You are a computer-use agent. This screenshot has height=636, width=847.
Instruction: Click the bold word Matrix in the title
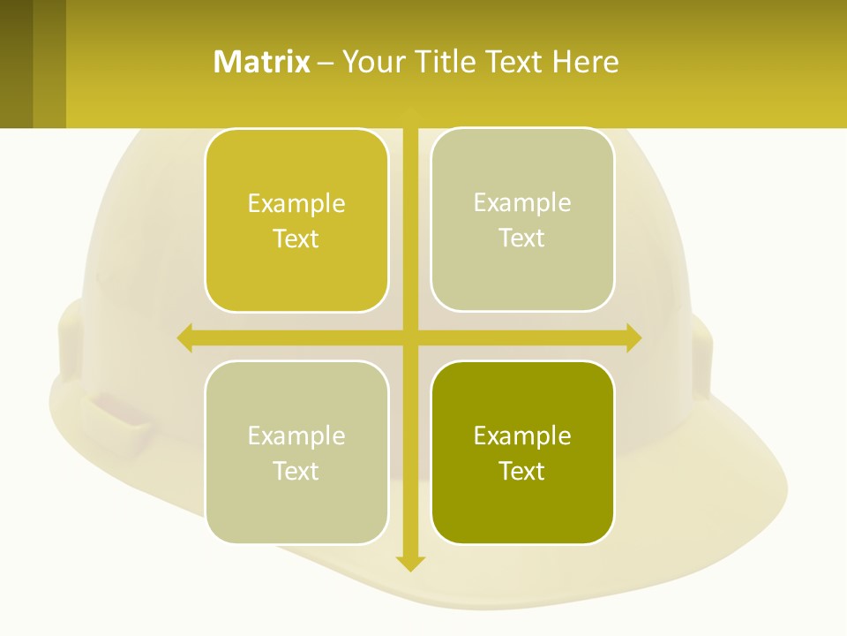click(262, 62)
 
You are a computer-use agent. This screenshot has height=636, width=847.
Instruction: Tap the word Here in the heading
click(586, 62)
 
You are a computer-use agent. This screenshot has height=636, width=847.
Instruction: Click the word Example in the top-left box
click(296, 204)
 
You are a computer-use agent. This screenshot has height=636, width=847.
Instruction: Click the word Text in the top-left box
click(296, 238)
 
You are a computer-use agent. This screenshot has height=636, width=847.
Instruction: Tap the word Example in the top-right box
click(522, 203)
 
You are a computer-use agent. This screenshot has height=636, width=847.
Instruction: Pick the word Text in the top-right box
click(522, 238)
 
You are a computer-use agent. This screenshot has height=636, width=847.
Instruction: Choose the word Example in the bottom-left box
click(296, 436)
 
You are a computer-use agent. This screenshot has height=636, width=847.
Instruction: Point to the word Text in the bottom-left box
click(296, 471)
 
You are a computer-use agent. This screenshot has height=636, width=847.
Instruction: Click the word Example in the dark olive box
click(522, 436)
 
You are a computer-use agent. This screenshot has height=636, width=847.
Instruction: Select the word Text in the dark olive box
click(522, 471)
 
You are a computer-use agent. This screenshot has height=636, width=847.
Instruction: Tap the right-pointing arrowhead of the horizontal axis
click(633, 337)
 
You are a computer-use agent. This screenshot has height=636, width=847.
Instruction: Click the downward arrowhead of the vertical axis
click(410, 563)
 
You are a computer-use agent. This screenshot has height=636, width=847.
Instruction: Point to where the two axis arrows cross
click(410, 337)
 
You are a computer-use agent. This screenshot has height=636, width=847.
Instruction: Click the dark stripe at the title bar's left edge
click(16, 64)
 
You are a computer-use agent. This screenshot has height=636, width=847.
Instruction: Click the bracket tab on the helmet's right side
click(701, 358)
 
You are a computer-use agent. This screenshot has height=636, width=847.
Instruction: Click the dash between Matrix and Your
click(326, 63)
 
